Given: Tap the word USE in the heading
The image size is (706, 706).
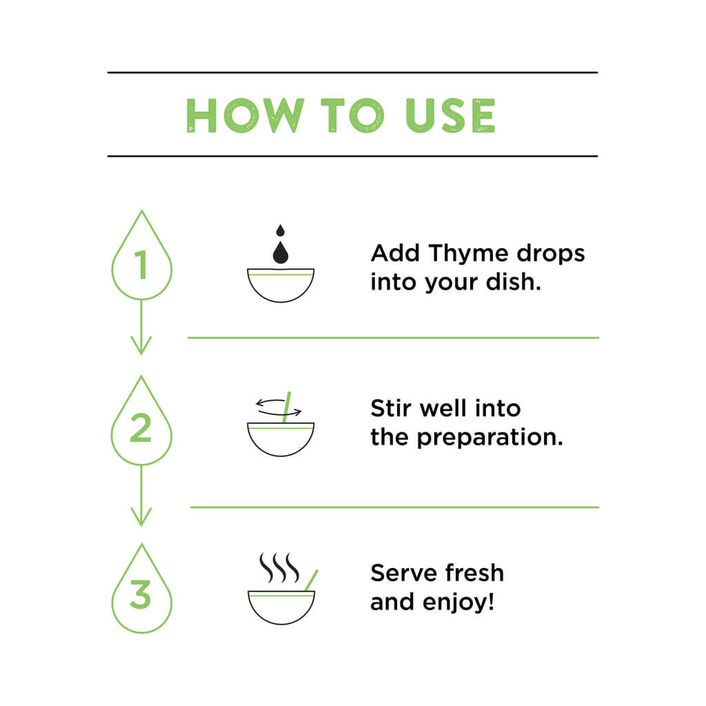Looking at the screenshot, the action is coord(450,116).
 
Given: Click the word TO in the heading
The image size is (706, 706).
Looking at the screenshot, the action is coord(352,116).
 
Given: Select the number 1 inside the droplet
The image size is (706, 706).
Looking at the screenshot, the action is coord(142,265).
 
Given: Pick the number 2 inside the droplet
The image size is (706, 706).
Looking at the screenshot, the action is coord(141,427).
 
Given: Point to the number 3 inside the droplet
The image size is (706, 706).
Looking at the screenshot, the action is coord(141,594).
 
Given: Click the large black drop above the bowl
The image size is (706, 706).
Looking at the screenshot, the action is coord(281,252).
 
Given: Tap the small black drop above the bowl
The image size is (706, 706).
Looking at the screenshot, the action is coord(281,230).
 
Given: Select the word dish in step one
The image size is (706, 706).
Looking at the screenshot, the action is coord(513,282).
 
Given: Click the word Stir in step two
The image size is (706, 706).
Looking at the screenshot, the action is coord(390,408).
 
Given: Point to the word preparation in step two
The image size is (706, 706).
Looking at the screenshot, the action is coord(490,438).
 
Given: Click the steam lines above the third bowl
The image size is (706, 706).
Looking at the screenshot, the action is coord(279,567).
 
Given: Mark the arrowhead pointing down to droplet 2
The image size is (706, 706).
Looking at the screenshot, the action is coord(141,345).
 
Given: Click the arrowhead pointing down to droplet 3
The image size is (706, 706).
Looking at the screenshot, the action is coord(141,517).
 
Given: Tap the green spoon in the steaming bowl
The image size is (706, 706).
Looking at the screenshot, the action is coord(311,581).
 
